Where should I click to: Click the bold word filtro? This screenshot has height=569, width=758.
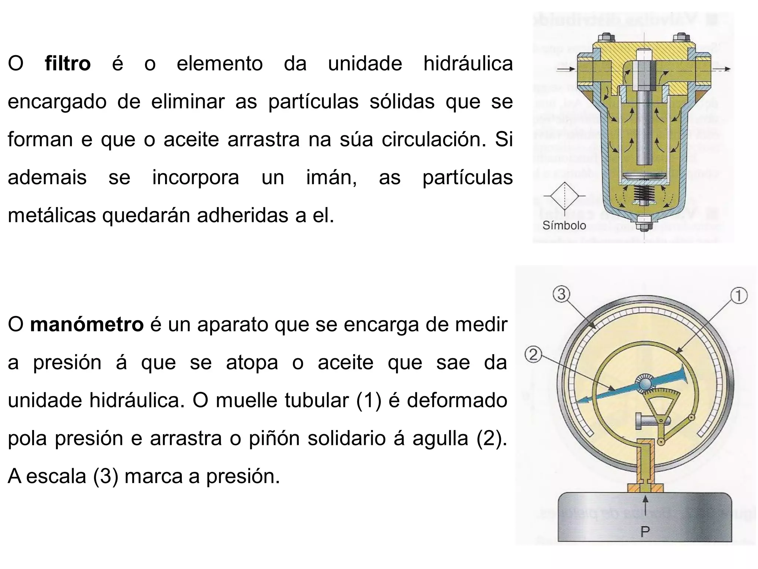(68, 63)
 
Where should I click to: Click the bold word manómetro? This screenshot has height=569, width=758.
(87, 325)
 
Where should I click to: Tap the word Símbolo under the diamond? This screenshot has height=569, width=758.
(564, 225)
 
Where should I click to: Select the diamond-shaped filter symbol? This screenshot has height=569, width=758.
(564, 196)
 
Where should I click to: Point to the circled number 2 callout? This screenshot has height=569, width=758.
(533, 355)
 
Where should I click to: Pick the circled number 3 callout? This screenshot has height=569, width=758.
(561, 295)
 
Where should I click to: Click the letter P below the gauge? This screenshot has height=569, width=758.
(645, 532)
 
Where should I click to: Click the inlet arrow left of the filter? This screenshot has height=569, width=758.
(566, 69)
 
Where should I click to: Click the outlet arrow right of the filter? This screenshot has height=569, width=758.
(724, 69)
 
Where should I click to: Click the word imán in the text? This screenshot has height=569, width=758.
(331, 177)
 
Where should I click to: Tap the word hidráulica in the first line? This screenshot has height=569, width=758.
(468, 63)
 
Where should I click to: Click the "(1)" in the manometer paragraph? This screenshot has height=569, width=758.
(368, 400)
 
